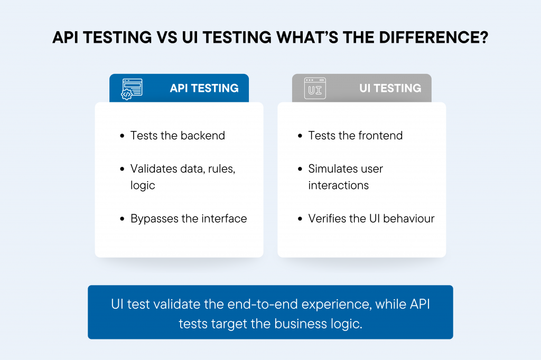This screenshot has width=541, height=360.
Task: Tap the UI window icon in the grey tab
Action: tap(315, 88)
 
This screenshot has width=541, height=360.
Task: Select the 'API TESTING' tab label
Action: tap(204, 88)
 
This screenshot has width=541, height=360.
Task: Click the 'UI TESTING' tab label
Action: tap(390, 88)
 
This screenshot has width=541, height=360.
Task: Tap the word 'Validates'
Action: tap(154, 168)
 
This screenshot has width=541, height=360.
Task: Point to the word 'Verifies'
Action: tap(328, 219)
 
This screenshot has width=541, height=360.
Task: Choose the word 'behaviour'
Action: tap(409, 219)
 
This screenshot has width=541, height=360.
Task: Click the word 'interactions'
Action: tap(339, 185)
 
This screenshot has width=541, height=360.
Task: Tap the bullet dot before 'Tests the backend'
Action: tap(122, 136)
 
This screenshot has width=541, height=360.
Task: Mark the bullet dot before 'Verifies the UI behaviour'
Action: tap(300, 219)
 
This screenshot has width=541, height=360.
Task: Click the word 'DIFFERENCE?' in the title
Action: tap(434, 37)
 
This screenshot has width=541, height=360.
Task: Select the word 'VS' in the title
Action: tap(167, 37)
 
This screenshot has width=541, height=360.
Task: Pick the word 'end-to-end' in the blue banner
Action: tap(263, 304)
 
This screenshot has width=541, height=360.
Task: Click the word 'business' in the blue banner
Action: tap(301, 324)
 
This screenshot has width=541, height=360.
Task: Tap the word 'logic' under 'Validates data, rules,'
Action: tap(143, 186)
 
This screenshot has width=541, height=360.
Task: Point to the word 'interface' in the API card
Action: tap(224, 219)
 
